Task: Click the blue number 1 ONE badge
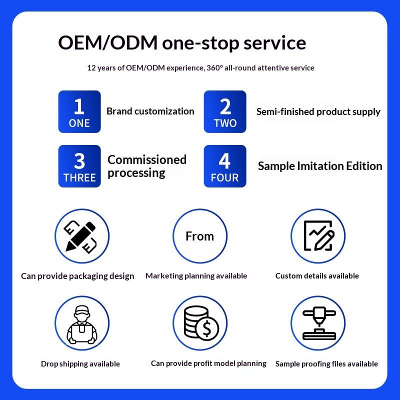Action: [x=79, y=111]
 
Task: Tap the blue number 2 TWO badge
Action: [x=225, y=111]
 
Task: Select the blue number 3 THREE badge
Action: [x=79, y=166]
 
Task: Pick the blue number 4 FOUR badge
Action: [x=225, y=166]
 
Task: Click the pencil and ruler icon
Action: [x=80, y=236]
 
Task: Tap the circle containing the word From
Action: [x=200, y=236]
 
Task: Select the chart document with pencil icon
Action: [x=319, y=235]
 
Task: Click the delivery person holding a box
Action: [x=82, y=324]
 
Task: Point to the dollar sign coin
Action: [x=207, y=329]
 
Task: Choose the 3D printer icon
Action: [x=319, y=323]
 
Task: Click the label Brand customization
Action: [x=150, y=111]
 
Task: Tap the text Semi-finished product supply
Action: [x=318, y=111]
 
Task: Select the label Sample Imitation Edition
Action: [x=320, y=166]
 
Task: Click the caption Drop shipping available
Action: [x=80, y=364]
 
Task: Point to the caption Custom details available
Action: [x=317, y=276]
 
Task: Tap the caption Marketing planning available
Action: [x=196, y=276]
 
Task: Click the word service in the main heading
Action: [x=274, y=43]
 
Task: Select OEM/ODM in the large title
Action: [x=107, y=42]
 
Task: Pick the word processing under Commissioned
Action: [x=136, y=173]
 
